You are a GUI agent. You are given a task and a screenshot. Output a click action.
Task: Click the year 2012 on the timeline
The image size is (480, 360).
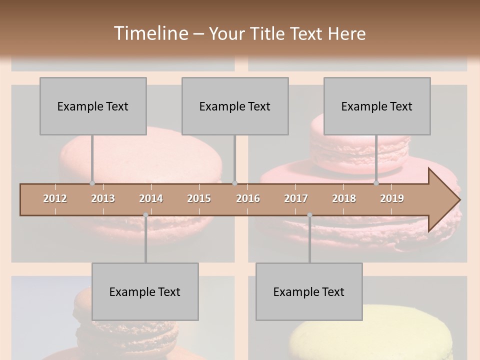55,198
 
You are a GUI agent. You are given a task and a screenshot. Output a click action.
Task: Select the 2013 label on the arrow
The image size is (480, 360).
103,198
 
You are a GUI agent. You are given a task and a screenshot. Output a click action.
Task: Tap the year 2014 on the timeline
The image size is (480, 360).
151,198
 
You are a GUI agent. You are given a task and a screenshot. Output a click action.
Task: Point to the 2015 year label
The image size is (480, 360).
199,198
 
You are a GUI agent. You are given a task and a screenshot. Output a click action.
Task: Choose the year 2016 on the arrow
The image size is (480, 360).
248,198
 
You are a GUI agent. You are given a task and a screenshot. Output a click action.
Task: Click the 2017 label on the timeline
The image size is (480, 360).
296,198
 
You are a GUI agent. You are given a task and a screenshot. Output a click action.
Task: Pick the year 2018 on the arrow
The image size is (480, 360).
344,198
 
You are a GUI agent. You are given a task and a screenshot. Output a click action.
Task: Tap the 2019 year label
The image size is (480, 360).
392,198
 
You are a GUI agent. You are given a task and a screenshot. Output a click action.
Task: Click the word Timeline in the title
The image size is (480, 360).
149,33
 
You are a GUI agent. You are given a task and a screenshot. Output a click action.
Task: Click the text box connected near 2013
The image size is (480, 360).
93,106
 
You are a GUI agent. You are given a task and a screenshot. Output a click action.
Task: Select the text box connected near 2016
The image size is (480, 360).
235,106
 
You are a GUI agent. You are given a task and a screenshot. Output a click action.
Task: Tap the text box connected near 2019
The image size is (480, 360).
377,106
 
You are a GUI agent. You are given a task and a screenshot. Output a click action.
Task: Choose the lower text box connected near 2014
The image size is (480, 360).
145,291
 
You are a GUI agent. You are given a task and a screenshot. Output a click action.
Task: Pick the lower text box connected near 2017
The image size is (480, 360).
309,291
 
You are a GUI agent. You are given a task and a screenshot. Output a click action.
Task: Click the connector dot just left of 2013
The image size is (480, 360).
92,183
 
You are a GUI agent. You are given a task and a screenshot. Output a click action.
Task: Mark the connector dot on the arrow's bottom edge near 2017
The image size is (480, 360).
309,215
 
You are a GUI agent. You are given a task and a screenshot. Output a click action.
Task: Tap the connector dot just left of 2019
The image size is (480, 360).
376,183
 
